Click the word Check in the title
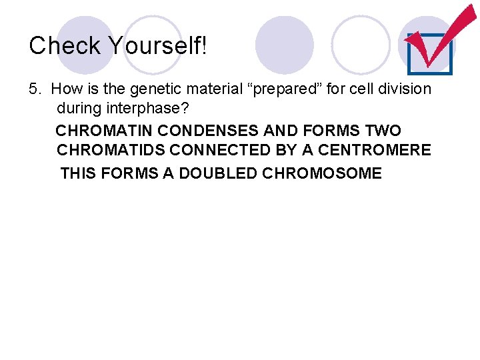tap(64, 46)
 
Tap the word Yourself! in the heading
tap(157, 46)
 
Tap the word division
tap(405, 89)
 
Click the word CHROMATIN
tap(104, 130)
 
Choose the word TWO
tap(383, 130)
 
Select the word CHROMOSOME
tap(322, 174)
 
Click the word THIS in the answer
tap(79, 174)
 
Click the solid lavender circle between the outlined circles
tap(285, 45)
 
